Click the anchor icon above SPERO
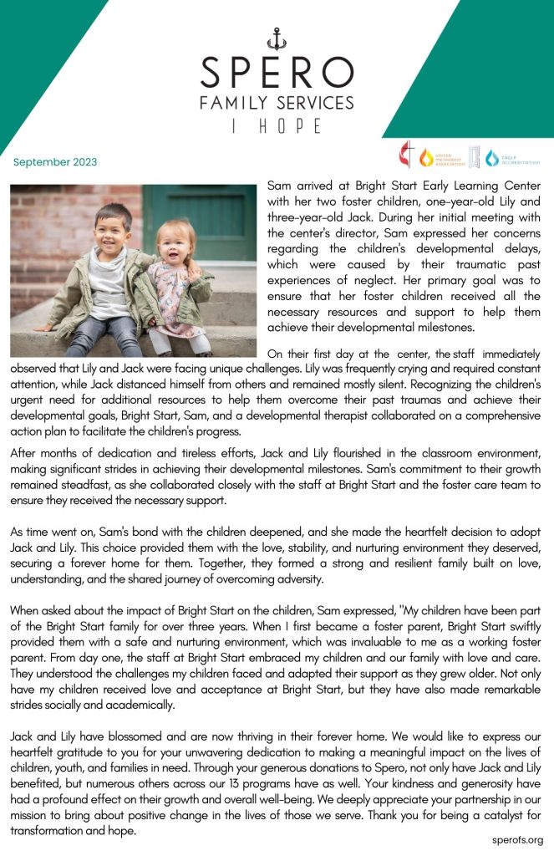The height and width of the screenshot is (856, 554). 277,38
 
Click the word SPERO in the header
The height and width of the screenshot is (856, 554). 277,74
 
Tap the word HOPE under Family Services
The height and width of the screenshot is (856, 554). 293,125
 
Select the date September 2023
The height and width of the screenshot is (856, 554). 55,162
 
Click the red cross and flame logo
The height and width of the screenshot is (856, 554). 407,155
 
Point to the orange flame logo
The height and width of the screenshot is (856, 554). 427,157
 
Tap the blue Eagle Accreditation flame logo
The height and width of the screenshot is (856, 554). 492,157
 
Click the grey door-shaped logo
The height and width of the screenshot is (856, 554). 474,156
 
